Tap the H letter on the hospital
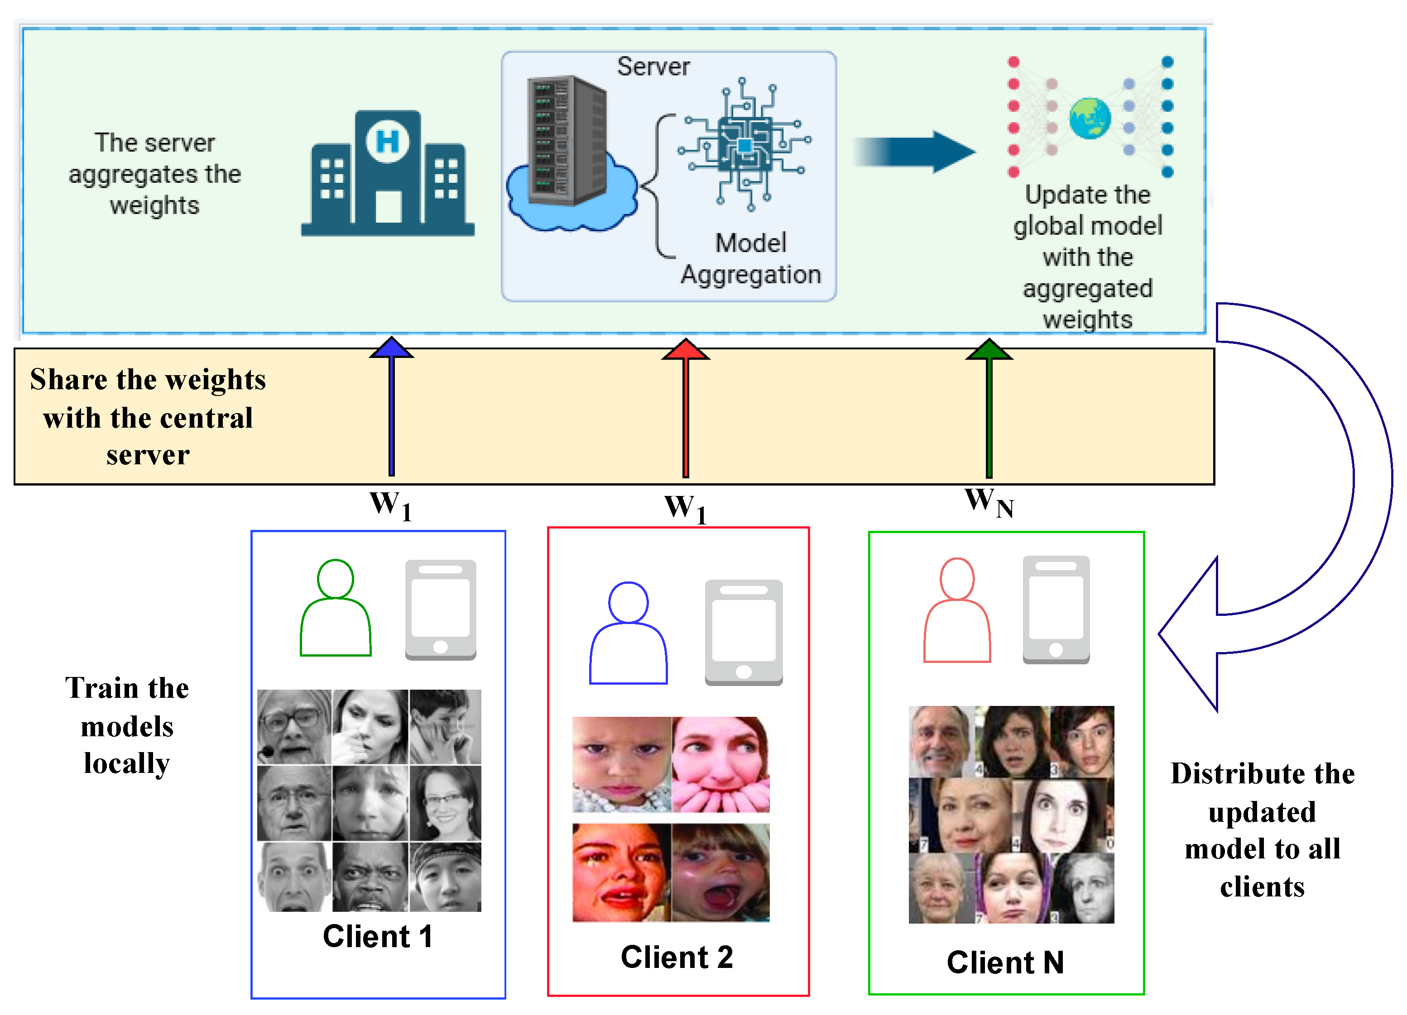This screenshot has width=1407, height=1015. [x=388, y=141]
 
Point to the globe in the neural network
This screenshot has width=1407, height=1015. [x=1090, y=118]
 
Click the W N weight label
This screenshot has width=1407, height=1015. [x=989, y=503]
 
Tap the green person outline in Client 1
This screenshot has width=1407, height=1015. [x=336, y=608]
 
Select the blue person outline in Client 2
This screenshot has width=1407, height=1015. [x=629, y=633]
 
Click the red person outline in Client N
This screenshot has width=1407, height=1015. [x=957, y=611]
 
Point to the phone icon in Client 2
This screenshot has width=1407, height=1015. [x=744, y=633]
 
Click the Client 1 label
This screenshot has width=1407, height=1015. [x=377, y=936]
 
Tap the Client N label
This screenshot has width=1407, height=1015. [x=1005, y=963]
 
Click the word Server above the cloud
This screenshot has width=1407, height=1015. [x=653, y=67]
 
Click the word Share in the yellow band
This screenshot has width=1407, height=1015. [x=68, y=380]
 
